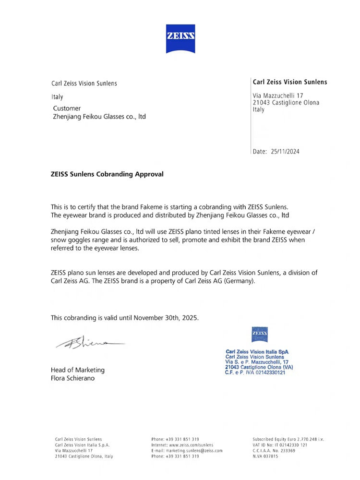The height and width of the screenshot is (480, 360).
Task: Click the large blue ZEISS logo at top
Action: tap(180, 38)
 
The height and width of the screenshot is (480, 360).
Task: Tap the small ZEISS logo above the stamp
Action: tap(260, 334)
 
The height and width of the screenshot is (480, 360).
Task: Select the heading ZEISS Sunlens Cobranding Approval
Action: tap(107, 174)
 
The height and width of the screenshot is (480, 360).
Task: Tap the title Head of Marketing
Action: tap(78, 370)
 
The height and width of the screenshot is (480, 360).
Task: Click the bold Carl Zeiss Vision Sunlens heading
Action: tap(290, 82)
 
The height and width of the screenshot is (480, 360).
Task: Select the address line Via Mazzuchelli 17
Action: tap(278, 96)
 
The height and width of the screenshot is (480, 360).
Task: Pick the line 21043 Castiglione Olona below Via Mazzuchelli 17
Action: tap(286, 103)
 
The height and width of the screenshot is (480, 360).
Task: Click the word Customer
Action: tap(67, 108)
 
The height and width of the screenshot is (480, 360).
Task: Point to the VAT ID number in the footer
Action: tap(280, 445)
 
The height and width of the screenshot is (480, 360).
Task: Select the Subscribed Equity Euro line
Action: tap(288, 439)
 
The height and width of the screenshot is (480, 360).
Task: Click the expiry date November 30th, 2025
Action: tap(166, 318)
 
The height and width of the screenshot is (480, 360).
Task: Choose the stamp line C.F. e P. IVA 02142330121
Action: tap(255, 372)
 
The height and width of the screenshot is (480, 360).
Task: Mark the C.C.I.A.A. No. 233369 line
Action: tap(274, 451)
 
